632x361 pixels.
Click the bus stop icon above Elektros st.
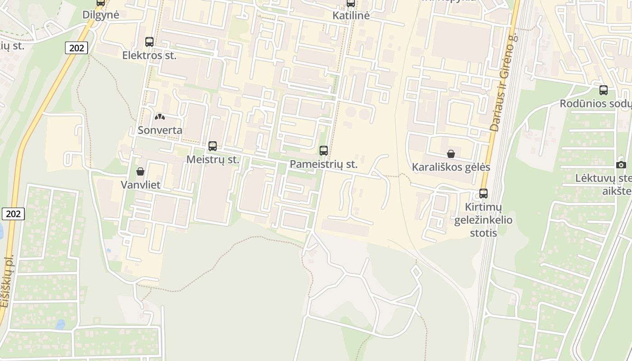pos(149,42)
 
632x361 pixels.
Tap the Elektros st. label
pos(149,56)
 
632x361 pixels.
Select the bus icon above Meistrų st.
pos(213,146)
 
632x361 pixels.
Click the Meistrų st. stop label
pos(213,160)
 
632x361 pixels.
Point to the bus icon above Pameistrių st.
pos(324,151)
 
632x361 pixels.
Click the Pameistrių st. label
pos(324,164)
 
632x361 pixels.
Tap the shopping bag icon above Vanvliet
pos(140,171)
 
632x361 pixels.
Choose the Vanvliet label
pos(140,185)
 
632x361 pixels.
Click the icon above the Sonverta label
pos(160,117)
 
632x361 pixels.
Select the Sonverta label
pos(160,130)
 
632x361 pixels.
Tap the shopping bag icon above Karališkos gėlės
pos(451,154)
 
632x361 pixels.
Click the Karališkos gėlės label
pos(451,167)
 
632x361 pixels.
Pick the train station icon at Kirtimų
pos(483,194)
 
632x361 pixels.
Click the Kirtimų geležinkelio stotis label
pos(483,220)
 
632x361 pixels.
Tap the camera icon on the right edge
pos(621,165)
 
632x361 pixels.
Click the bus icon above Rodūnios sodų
pos(604,90)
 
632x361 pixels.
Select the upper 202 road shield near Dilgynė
pos(76,47)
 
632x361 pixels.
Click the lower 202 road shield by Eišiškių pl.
pos(13,214)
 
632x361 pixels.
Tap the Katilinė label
pos(351,15)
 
